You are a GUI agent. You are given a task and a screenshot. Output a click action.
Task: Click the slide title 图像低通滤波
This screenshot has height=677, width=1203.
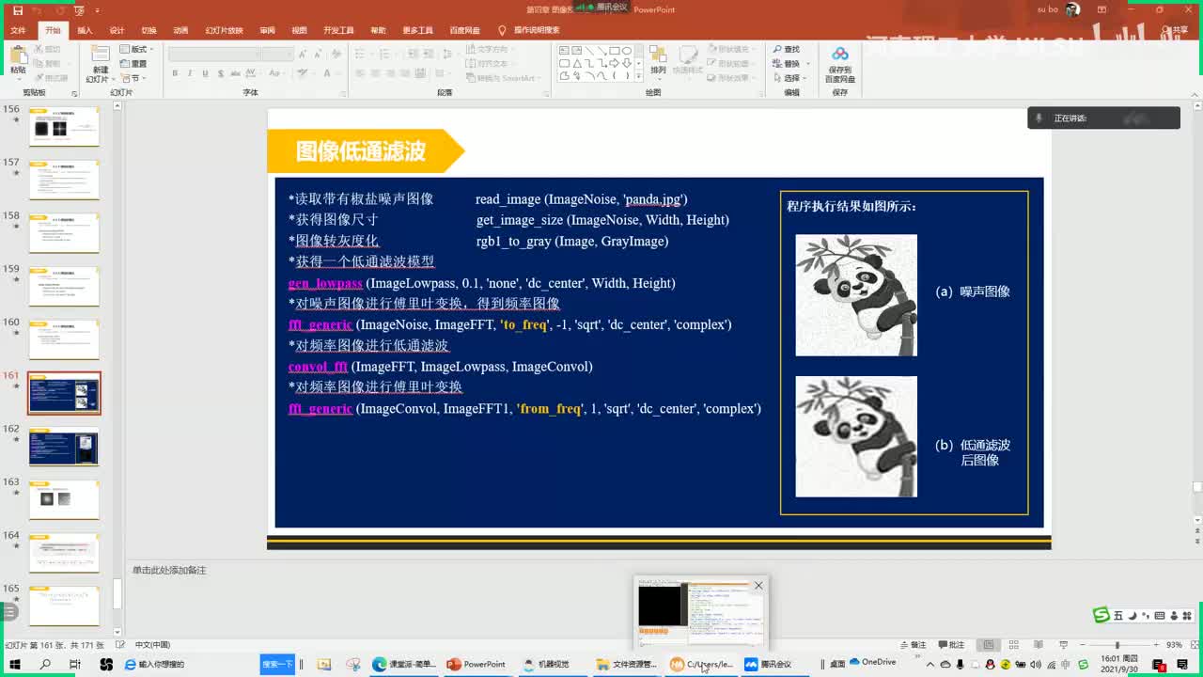(361, 151)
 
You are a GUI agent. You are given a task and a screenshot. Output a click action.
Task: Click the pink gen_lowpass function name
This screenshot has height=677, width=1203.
(325, 283)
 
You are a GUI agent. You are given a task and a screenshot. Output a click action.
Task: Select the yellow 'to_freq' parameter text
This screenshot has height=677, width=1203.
(524, 324)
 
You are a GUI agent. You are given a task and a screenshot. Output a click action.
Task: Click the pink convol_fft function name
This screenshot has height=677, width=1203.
(318, 367)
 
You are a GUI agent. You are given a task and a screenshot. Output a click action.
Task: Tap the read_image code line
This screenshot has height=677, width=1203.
(581, 199)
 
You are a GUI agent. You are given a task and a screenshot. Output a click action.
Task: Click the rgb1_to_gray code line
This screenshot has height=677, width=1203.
(571, 241)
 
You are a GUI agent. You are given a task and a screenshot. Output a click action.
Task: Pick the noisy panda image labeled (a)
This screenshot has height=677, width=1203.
(856, 295)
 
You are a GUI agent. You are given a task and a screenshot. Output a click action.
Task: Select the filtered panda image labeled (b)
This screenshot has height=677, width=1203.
(856, 436)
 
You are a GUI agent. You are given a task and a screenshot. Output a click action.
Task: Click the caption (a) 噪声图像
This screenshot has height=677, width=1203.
(974, 291)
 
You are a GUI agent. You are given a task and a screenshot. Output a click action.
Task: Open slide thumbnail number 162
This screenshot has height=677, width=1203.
(64, 447)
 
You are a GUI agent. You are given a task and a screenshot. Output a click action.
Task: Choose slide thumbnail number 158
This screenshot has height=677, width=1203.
(64, 233)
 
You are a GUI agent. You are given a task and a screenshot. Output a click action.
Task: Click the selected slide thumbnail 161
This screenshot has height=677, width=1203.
(64, 393)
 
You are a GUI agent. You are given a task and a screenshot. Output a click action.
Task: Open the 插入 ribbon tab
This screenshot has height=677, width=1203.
(85, 30)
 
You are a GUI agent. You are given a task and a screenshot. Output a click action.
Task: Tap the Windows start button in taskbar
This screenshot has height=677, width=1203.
(15, 664)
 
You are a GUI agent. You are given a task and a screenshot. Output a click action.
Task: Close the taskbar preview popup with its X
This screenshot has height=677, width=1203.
(758, 585)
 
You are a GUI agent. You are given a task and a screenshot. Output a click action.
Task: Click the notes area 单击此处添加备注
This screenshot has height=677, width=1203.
(169, 571)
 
